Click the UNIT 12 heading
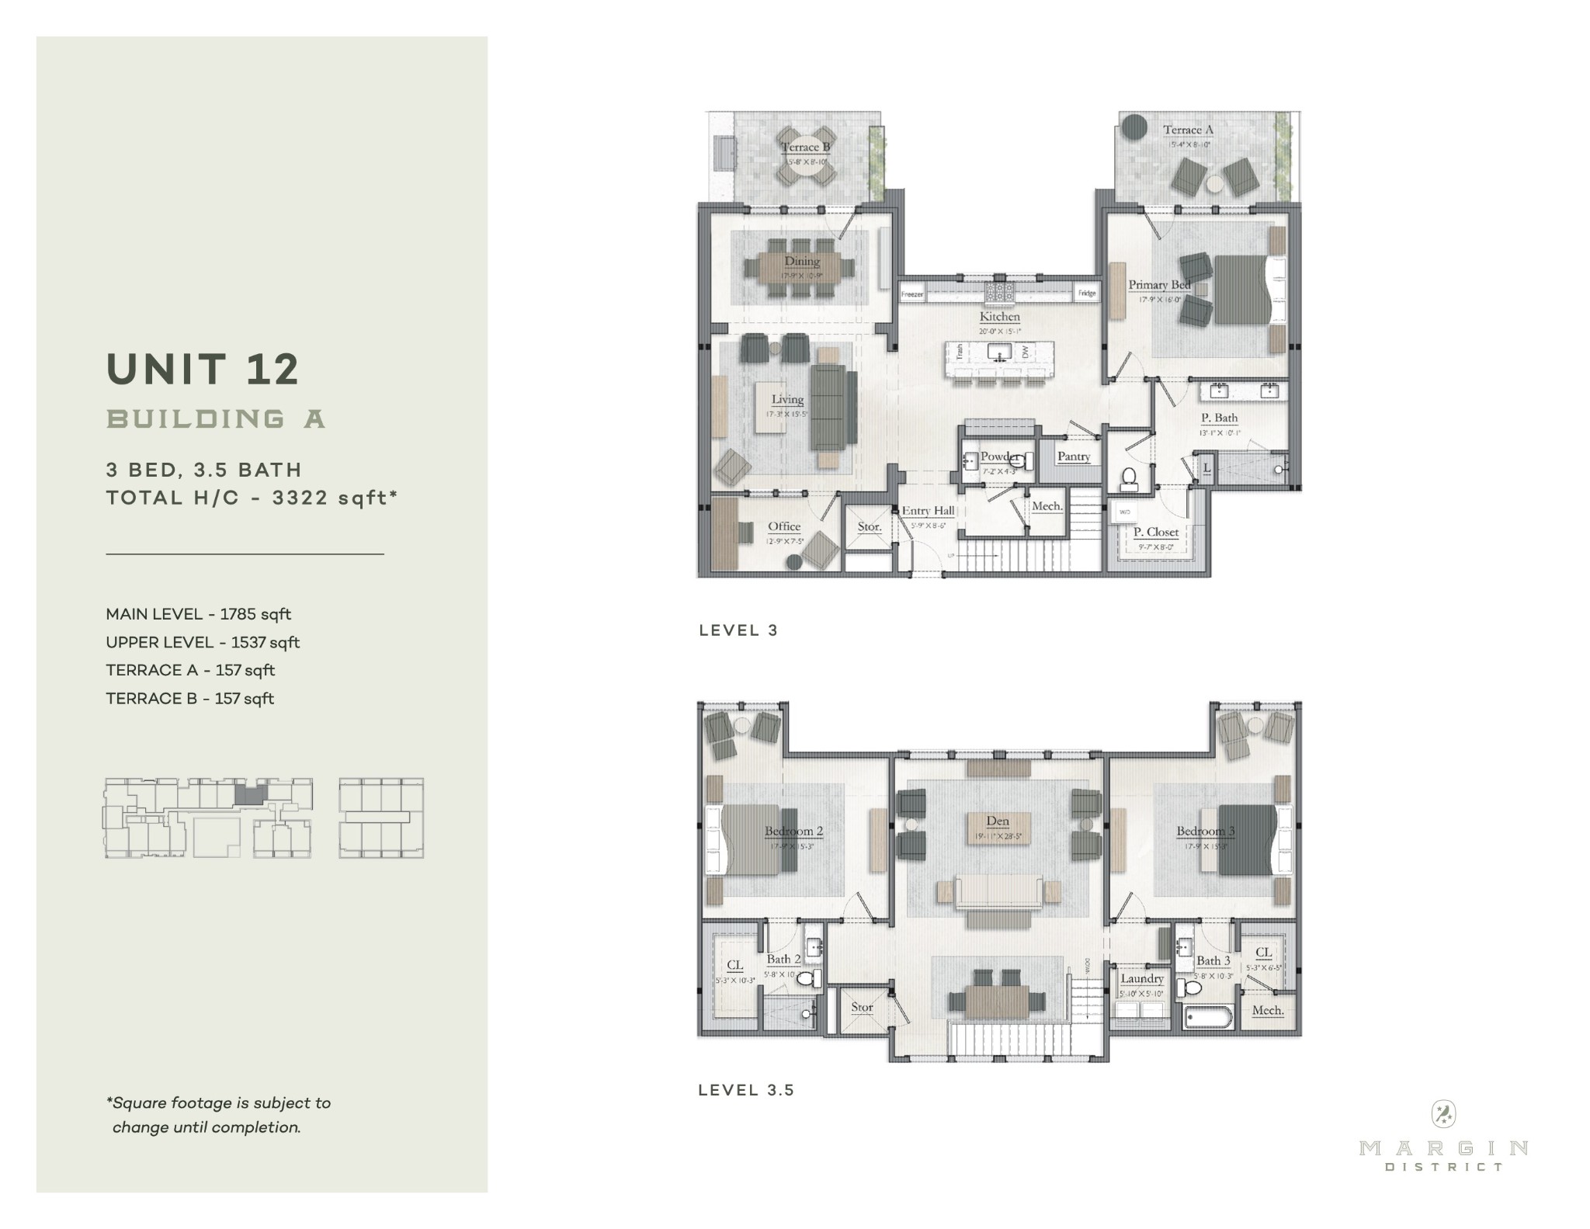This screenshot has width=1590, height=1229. point(203,369)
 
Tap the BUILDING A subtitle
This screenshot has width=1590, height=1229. point(216,419)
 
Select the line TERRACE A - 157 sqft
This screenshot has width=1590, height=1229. point(190,670)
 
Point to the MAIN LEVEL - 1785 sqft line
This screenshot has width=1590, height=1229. point(198,614)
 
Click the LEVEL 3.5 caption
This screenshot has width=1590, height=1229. point(746,1090)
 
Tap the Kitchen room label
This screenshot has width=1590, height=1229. point(999,317)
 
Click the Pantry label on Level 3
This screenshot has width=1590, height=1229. point(1074,457)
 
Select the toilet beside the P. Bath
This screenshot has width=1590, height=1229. point(1129,480)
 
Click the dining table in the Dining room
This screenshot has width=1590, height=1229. point(801,268)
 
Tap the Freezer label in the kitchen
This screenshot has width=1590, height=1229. point(912,294)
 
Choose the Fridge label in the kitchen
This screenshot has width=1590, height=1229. point(1086,293)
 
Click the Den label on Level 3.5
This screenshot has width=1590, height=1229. point(998,821)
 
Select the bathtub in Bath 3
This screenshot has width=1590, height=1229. point(1208,1017)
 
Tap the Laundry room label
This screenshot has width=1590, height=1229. point(1142,979)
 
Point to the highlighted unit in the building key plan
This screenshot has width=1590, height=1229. point(249,793)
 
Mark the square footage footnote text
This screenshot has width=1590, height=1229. point(218,1115)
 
